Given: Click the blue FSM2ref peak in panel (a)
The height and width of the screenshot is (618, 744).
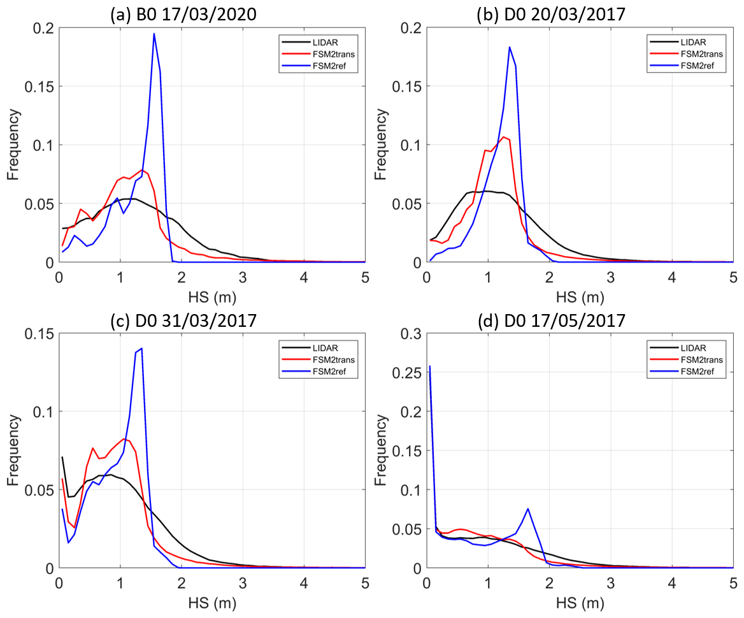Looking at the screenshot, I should [x=154, y=34].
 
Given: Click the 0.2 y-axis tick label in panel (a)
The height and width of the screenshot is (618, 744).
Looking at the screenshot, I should [x=43, y=28].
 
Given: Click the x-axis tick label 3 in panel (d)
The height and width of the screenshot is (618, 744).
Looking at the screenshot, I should [x=611, y=582].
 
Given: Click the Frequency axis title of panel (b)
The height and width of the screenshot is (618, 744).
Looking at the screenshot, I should [x=382, y=144].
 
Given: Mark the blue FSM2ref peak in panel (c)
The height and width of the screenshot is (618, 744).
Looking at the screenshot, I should [x=141, y=349].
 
